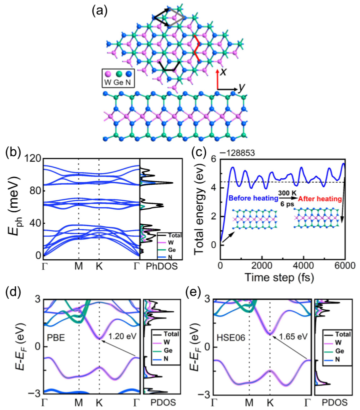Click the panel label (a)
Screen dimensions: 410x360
[100, 11]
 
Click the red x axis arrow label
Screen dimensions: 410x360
[223, 72]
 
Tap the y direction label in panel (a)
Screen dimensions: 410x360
[241, 88]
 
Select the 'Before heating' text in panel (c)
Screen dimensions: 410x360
[252, 199]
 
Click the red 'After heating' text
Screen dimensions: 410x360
[320, 199]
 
